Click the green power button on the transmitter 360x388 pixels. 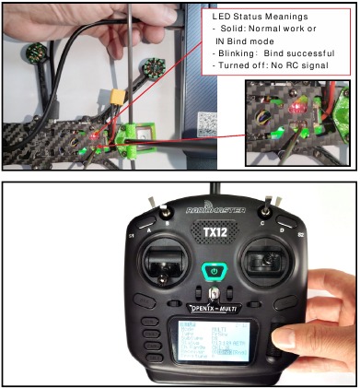214,273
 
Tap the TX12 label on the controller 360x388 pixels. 215,233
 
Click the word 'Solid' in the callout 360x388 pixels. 232,29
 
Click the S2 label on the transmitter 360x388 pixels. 296,237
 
